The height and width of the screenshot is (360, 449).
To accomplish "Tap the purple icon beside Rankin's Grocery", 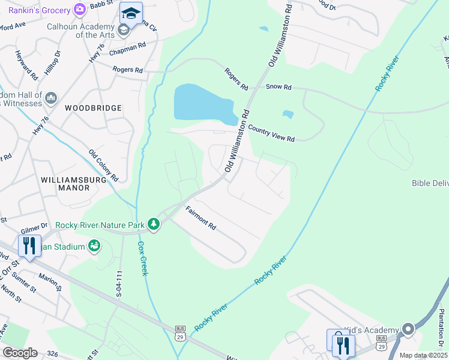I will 79,9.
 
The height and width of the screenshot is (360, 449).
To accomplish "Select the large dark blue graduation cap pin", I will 131,13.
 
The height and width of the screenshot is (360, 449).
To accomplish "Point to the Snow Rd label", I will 279,87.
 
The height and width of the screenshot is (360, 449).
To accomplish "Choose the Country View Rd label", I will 271,134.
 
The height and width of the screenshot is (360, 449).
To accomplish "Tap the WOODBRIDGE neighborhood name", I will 94,108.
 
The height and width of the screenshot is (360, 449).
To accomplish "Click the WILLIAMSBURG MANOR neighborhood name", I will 65,184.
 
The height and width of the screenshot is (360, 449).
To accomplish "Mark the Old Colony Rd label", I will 104,166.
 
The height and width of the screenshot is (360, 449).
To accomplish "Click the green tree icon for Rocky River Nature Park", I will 154,224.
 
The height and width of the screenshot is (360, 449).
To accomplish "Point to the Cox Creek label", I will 142,259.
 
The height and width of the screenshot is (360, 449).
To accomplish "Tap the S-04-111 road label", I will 119,284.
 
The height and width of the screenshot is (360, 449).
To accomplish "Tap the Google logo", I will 19,353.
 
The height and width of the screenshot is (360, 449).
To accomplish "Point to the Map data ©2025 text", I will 424,355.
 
